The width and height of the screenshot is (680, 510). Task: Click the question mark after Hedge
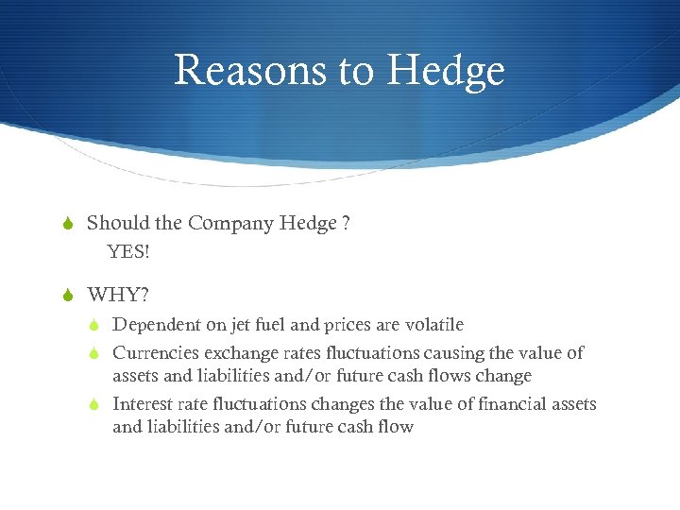pos(347,224)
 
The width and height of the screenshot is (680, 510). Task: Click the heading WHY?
pos(118,295)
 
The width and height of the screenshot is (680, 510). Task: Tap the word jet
pos(243,325)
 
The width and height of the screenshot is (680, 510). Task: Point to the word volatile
pos(434,325)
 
